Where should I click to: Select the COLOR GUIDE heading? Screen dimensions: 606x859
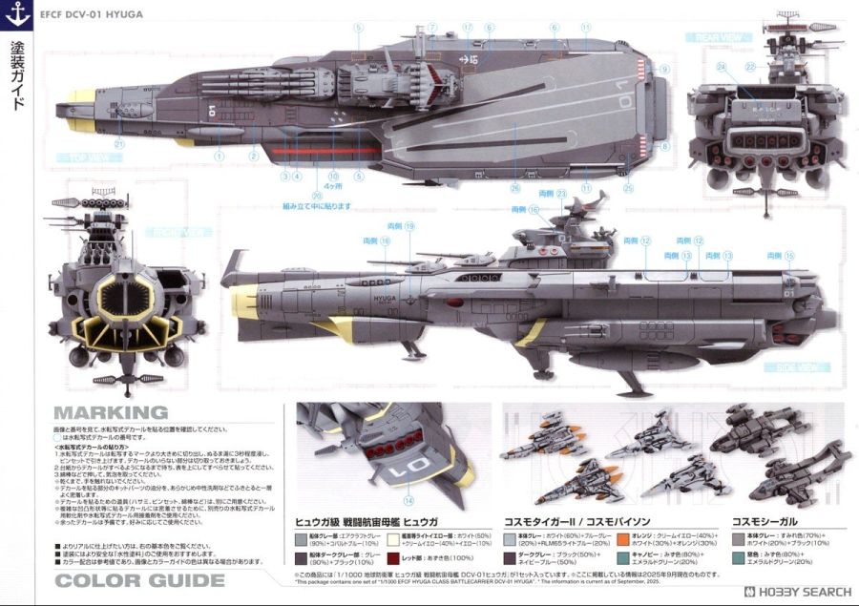(x=139, y=580)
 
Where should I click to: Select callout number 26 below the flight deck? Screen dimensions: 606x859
(x=514, y=186)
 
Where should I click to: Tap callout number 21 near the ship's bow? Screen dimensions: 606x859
(x=118, y=144)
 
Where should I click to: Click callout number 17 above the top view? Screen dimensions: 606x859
(x=467, y=27)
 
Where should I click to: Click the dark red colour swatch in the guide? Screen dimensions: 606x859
(x=393, y=555)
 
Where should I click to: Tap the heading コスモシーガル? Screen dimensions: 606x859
(x=765, y=520)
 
